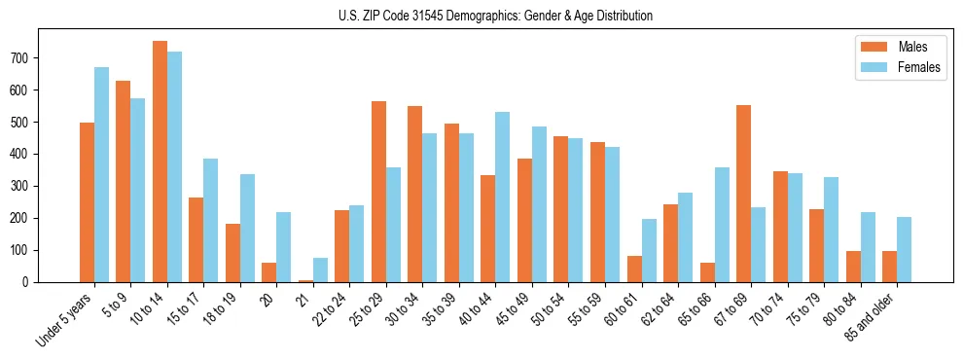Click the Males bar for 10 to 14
pyautogui.click(x=160, y=162)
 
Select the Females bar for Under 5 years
pyautogui.click(x=101, y=175)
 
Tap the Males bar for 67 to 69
pyautogui.click(x=743, y=194)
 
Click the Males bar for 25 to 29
pyautogui.click(x=378, y=192)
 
